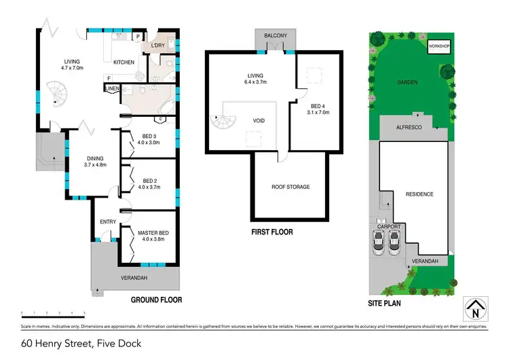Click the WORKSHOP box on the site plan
click(x=439, y=46)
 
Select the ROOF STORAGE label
click(x=291, y=187)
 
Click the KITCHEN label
click(x=124, y=62)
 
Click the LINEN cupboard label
click(x=113, y=88)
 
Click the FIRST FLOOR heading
click(x=271, y=232)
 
